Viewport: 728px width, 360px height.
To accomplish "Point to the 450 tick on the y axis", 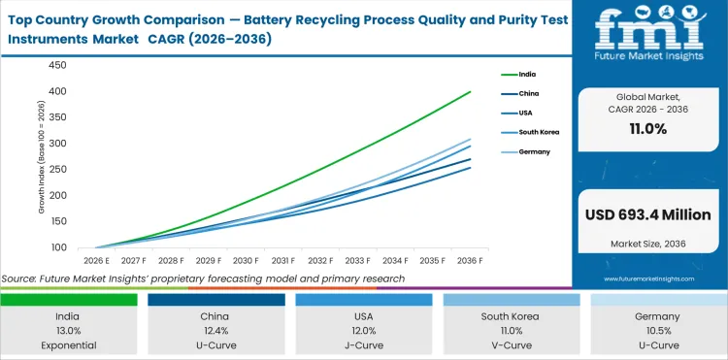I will pyautogui.click(x=56, y=65).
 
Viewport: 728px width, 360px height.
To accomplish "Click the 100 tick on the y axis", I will pyautogui.click(x=56, y=247).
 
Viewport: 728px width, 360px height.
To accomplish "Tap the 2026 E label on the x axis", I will pyautogui.click(x=95, y=260).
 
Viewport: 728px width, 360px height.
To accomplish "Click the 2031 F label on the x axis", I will pyautogui.click(x=283, y=260).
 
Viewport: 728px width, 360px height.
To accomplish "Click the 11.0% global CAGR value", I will pyautogui.click(x=646, y=129).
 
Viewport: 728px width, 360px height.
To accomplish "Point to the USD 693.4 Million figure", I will pyautogui.click(x=646, y=214).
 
